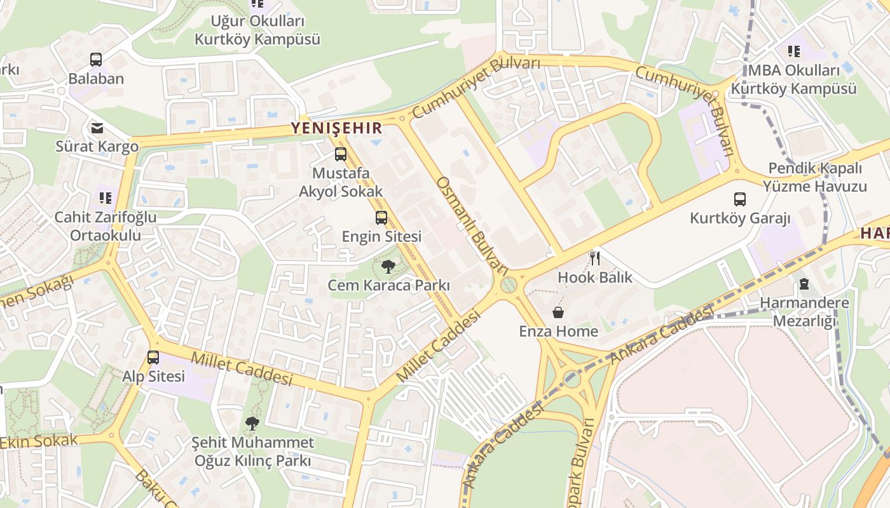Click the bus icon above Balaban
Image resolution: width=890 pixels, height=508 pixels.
(96, 60)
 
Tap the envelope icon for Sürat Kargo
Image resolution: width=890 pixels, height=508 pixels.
(97, 128)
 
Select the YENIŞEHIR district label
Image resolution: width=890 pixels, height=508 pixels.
(337, 128)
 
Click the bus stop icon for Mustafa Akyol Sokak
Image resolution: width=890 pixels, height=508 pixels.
(341, 154)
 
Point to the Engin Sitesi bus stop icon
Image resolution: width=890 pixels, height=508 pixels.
(381, 218)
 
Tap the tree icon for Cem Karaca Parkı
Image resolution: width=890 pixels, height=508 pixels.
(388, 267)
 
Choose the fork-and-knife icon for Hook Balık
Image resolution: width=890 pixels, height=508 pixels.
(595, 258)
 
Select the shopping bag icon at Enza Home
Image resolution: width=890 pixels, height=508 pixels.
(558, 312)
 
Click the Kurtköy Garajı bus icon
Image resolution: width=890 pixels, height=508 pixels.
(740, 199)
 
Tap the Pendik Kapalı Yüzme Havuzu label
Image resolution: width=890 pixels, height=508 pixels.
(815, 178)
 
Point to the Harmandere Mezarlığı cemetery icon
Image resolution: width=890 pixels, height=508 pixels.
(804, 284)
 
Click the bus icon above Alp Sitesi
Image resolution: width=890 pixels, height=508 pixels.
(153, 357)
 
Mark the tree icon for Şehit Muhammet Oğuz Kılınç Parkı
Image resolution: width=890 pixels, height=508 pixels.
(252, 423)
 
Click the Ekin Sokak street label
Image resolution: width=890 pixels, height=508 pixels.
(39, 441)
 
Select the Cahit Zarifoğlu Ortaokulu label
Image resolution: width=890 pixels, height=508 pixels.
(105, 226)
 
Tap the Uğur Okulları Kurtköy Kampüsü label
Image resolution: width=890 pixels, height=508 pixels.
(257, 30)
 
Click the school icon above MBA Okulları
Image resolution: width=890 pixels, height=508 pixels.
(794, 51)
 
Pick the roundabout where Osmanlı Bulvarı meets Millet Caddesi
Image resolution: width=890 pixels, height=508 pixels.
(508, 284)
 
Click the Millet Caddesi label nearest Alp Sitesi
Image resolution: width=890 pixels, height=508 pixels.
(242, 368)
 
